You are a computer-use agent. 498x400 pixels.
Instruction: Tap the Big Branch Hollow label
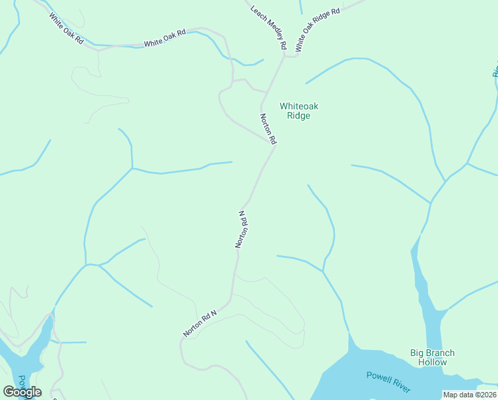[x=432, y=357]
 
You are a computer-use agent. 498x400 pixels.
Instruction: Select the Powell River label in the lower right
[x=388, y=382]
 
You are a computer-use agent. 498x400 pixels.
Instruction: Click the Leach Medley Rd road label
[x=268, y=28]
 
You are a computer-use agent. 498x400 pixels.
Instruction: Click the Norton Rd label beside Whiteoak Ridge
[x=267, y=129]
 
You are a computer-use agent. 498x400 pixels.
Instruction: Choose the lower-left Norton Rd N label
[x=200, y=323]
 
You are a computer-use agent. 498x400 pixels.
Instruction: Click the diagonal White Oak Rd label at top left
[x=66, y=29]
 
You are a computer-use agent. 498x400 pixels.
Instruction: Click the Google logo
[x=22, y=392]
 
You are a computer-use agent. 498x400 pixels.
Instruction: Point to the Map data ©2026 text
[x=469, y=395]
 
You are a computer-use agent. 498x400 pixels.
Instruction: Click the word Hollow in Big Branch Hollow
[x=432, y=362]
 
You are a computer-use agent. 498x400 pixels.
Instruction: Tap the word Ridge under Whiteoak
[x=298, y=115]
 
